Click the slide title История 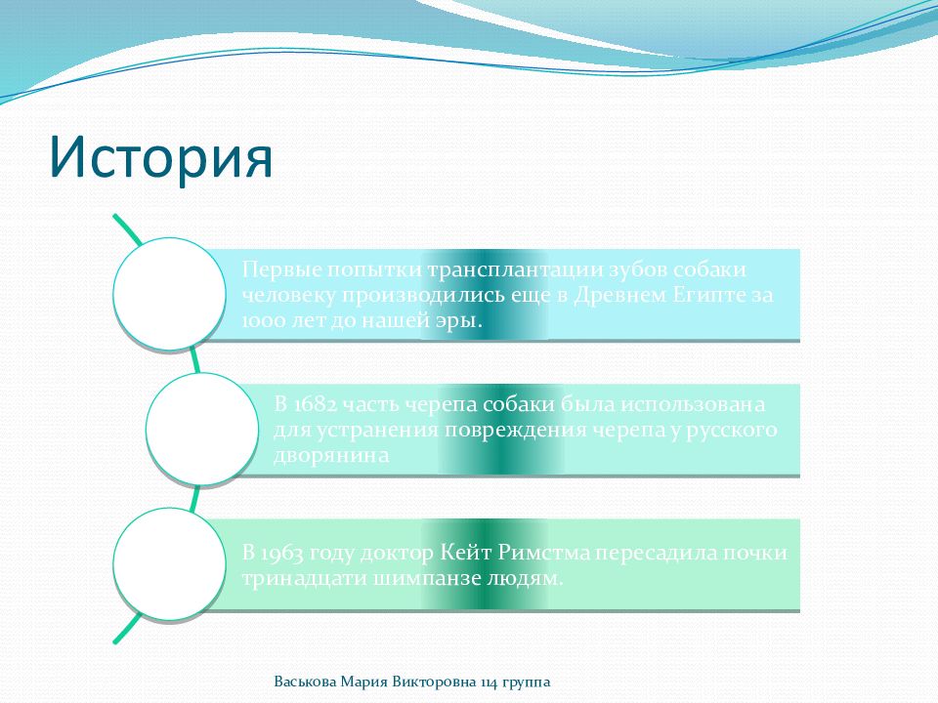pyautogui.click(x=161, y=156)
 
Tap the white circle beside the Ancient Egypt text pyautogui.click(x=169, y=294)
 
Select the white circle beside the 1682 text pyautogui.click(x=202, y=429)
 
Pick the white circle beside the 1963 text pyautogui.click(x=169, y=563)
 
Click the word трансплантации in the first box pyautogui.click(x=515, y=270)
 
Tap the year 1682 pyautogui.click(x=314, y=404)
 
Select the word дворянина pyautogui.click(x=331, y=456)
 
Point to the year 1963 pyautogui.click(x=281, y=553)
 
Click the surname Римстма pyautogui.click(x=544, y=553)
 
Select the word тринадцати pyautogui.click(x=304, y=579)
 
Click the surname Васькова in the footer pyautogui.click(x=305, y=682)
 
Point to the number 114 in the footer pyautogui.click(x=489, y=682)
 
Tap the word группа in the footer pyautogui.click(x=527, y=683)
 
